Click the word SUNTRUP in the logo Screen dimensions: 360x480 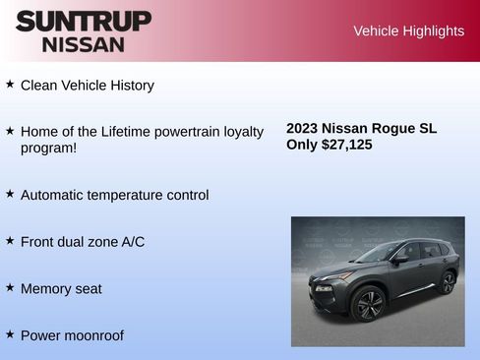(84, 21)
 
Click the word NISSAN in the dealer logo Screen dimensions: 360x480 (84, 43)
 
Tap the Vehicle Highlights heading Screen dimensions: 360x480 (408, 31)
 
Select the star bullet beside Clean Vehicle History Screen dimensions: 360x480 (10, 85)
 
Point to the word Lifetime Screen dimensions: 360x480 (131, 131)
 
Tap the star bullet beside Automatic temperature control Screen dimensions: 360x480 (10, 194)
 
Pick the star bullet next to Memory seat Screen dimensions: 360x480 (10, 287)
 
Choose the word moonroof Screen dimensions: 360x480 (92, 335)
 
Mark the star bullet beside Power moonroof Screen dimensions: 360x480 (10, 334)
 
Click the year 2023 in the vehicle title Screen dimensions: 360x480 (302, 128)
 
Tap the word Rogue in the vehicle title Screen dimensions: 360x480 (390, 128)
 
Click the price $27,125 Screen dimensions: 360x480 (346, 145)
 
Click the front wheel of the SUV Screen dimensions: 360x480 (370, 304)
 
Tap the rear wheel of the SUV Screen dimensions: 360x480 (448, 282)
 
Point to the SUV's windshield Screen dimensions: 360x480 (377, 253)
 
